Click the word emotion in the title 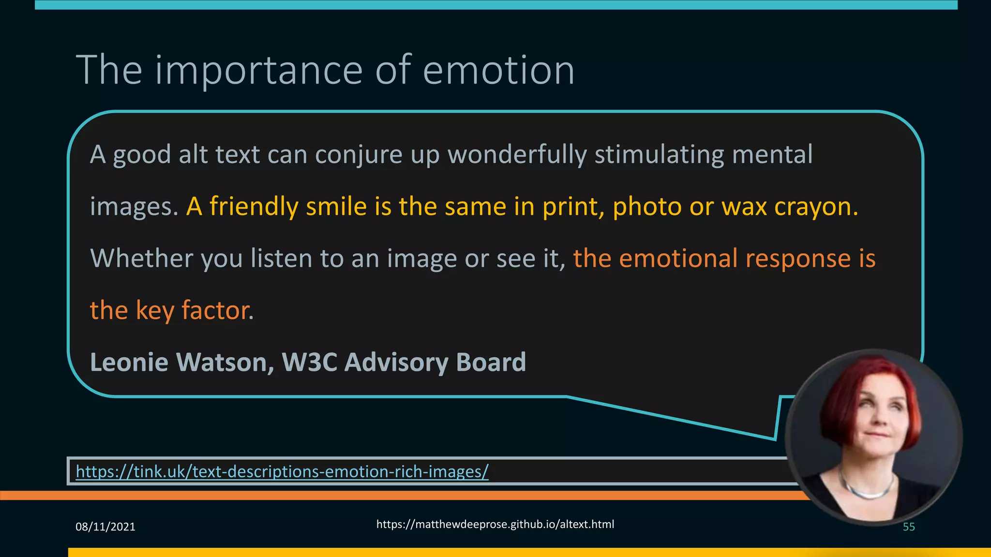pos(498,71)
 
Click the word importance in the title pos(258,71)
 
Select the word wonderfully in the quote pos(517,155)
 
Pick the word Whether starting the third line pos(142,258)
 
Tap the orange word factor pos(217,310)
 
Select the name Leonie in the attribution pos(129,362)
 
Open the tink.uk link pos(282,471)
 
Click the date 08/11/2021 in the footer pos(105,527)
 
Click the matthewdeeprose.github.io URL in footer pos(495,524)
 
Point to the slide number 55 pos(909,527)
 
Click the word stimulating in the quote pos(659,155)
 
